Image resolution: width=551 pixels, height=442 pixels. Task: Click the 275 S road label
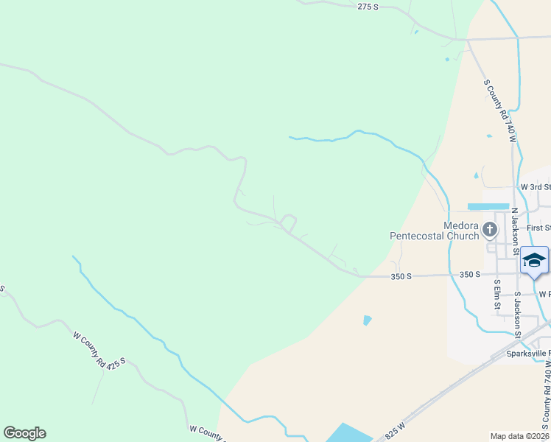[368, 7]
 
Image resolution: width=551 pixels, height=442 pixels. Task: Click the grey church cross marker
[490, 231]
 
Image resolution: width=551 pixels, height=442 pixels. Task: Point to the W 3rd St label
[535, 188]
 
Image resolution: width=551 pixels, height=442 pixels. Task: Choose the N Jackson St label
[514, 225]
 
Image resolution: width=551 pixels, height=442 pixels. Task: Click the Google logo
[24, 433]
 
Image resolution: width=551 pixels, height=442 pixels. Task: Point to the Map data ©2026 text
[519, 436]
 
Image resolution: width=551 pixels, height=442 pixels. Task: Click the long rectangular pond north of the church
[488, 206]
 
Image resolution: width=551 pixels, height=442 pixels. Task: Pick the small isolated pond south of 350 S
[367, 320]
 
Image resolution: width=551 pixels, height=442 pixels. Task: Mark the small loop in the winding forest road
[288, 221]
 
